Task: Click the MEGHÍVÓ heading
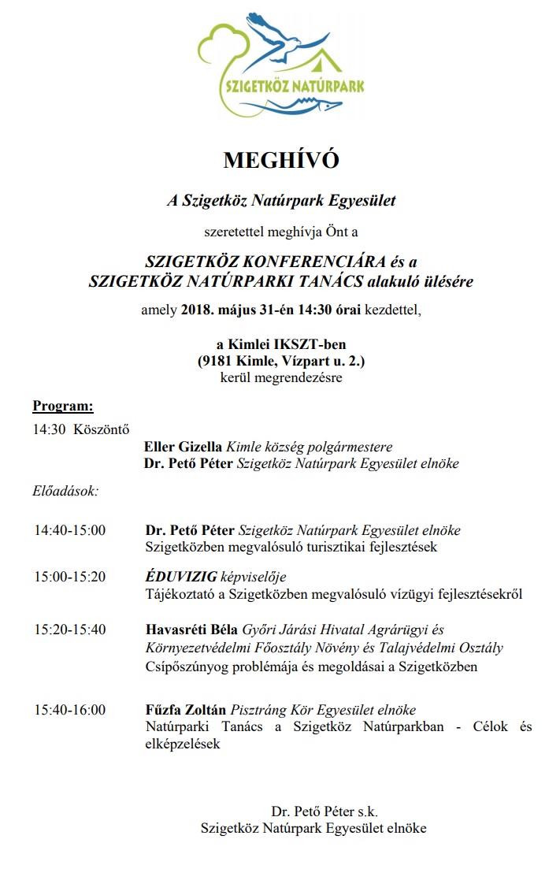(280, 160)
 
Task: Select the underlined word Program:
(63, 407)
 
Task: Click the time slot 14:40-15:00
(69, 530)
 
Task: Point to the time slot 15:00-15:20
(69, 577)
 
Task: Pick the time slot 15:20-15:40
(69, 629)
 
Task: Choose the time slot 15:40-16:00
(69, 710)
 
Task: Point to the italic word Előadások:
(65, 491)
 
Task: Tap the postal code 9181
(216, 362)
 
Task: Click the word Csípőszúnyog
(185, 667)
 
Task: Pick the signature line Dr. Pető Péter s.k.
(325, 811)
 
